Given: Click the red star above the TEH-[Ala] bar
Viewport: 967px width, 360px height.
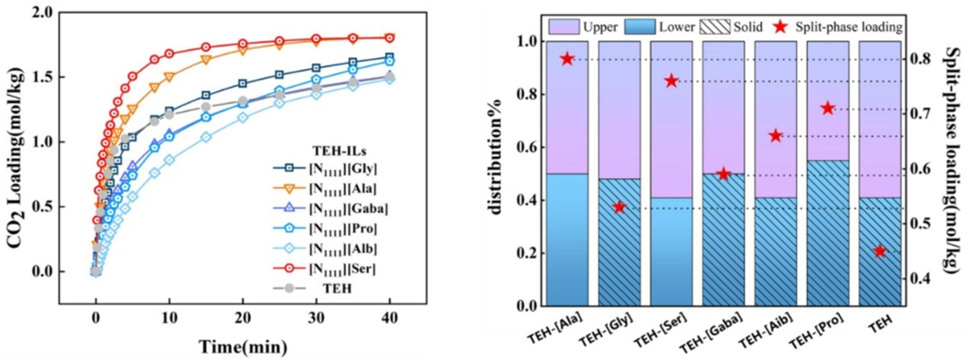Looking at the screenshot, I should [x=567, y=59].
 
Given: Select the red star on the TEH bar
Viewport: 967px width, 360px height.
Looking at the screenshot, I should [x=880, y=252].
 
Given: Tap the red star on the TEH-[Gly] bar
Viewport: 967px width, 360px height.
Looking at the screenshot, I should [x=619, y=208].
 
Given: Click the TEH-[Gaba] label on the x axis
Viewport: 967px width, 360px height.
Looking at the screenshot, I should [x=719, y=336].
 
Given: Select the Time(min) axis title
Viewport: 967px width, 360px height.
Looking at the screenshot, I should [x=243, y=345].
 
